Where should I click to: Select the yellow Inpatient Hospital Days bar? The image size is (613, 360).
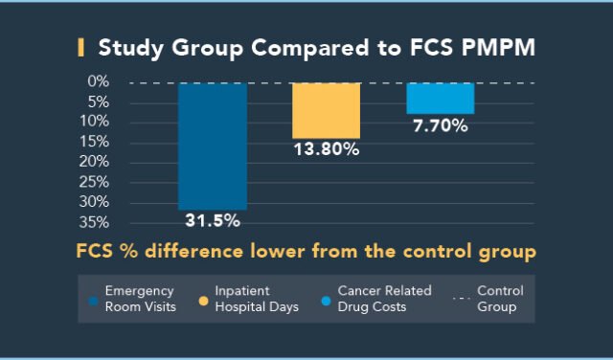coord(326,110)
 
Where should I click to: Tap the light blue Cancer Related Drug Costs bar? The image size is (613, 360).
coord(440,98)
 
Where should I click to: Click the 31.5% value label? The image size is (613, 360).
coord(212,220)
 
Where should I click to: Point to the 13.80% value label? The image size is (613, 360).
coord(327,149)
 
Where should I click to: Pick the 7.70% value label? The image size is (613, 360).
coord(440,125)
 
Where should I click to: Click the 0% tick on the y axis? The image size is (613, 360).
coord(97,81)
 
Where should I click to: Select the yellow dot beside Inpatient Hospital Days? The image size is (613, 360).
coord(204,300)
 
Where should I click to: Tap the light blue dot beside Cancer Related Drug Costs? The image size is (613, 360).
coord(327,300)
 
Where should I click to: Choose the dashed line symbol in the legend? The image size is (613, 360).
coord(462,300)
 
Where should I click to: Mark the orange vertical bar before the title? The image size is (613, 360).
coord(80,47)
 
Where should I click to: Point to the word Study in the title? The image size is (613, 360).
coord(131,47)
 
